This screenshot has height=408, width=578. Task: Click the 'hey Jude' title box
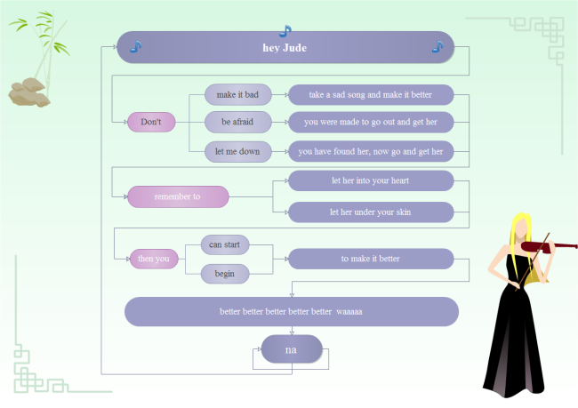285,47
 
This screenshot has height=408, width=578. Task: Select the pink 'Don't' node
151,122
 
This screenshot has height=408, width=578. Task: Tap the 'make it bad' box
237,94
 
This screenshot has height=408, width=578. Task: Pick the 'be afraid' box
237,122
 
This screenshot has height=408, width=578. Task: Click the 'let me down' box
237,151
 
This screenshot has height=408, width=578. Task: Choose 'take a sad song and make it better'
371,94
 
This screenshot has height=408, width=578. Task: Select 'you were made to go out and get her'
371,122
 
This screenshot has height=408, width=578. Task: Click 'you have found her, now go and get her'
371,151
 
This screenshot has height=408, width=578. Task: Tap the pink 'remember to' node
178,196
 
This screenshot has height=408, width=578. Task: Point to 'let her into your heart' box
371,181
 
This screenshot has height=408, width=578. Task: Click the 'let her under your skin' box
371,212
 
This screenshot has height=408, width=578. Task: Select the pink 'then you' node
154,259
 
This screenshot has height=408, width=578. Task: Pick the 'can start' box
224,244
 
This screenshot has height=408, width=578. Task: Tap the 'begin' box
224,274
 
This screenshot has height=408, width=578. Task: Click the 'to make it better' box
371,259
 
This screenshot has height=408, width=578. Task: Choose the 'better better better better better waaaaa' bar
291,312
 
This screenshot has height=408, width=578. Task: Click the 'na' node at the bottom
291,349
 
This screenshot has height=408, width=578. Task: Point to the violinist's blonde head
518,228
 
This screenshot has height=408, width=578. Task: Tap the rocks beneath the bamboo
28,91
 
